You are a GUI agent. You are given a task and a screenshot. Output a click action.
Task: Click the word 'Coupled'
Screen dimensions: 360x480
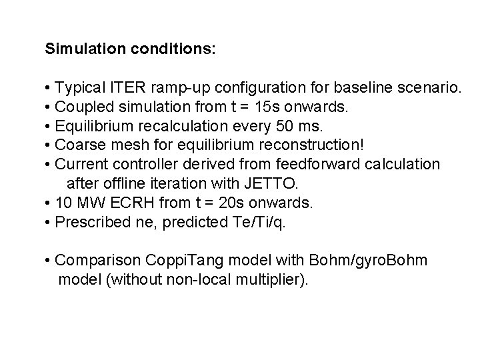[82, 107]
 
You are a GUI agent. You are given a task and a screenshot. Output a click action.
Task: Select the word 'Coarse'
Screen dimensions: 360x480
[78, 145]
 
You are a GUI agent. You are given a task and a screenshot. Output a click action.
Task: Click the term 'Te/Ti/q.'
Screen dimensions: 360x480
[261, 221]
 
